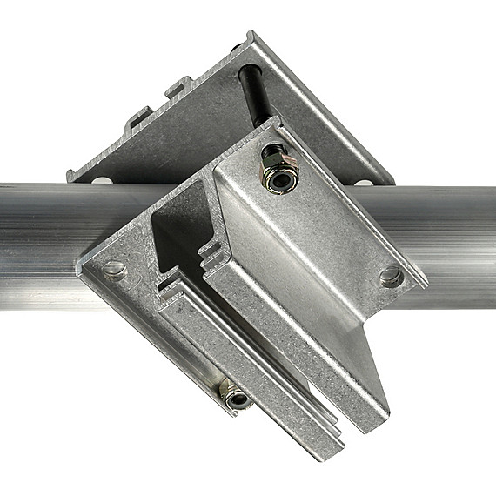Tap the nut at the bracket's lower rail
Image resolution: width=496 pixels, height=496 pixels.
pyautogui.click(x=236, y=398)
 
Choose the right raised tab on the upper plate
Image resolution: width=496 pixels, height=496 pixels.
pyautogui.click(x=178, y=87)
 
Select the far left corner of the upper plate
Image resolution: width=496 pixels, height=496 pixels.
pyautogui.click(x=70, y=174)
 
